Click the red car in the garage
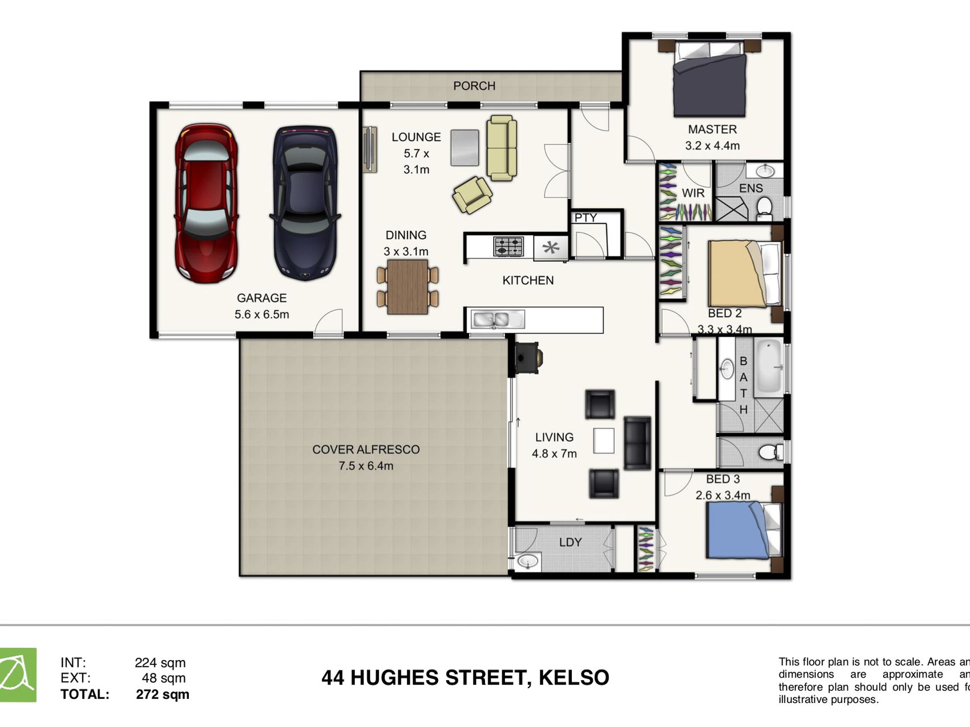[x=206, y=203]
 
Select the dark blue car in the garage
[x=305, y=203]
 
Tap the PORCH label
[x=474, y=86]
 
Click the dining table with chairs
[x=407, y=287]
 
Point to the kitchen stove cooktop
[x=508, y=247]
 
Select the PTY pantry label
[x=585, y=218]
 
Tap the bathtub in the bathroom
[x=769, y=366]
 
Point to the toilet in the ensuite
[x=764, y=208]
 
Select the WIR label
[x=693, y=193]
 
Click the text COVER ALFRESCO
[x=366, y=449]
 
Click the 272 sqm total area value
[x=162, y=694]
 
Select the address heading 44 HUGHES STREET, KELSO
[x=465, y=678]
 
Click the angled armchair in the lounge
[x=472, y=194]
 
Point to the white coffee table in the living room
[x=603, y=441]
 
